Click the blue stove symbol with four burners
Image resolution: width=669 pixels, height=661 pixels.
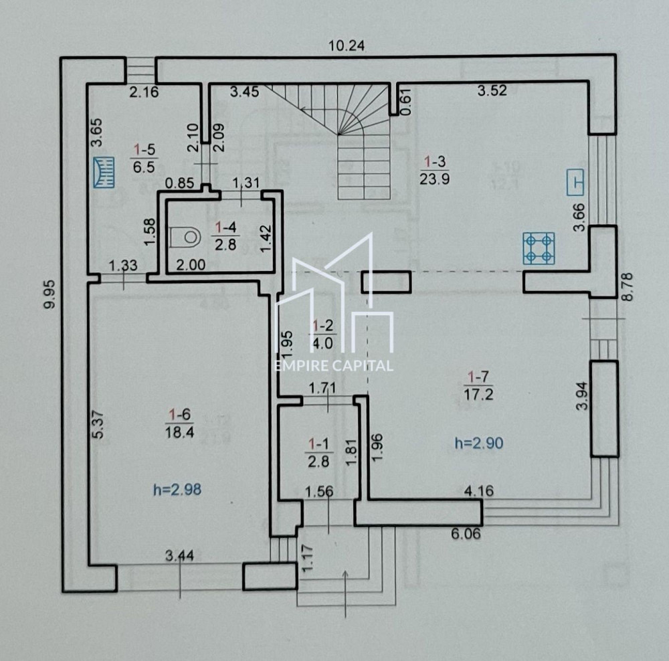tap(539, 248)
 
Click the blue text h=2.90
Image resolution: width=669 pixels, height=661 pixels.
tap(478, 442)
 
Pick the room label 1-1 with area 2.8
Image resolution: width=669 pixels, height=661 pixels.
tap(320, 450)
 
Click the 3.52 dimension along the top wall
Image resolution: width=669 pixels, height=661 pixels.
tap(492, 91)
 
